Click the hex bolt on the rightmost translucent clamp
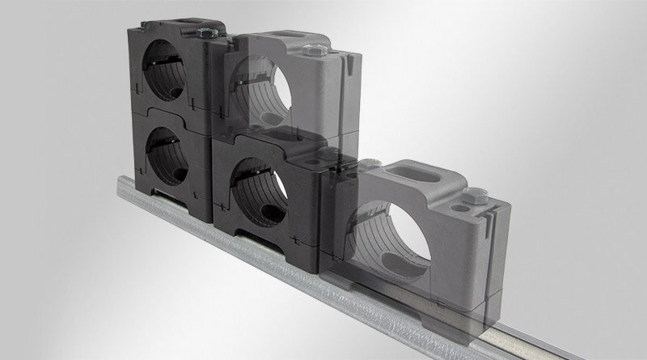pos(474,195)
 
